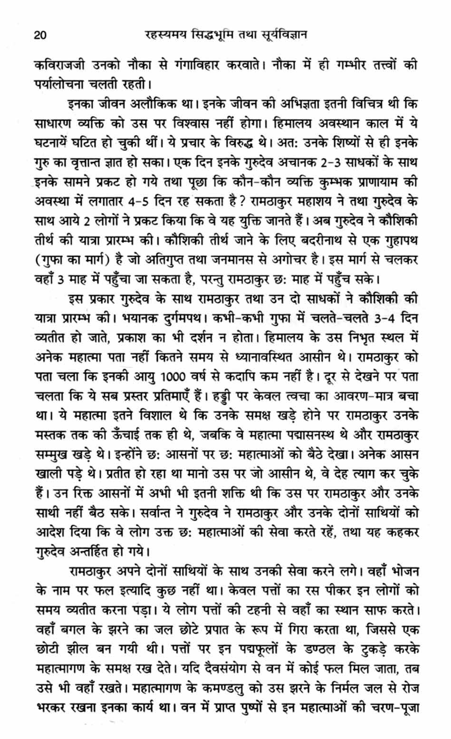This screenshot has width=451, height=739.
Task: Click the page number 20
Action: [40, 35]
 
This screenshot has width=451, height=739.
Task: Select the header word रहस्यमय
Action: [164, 35]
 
